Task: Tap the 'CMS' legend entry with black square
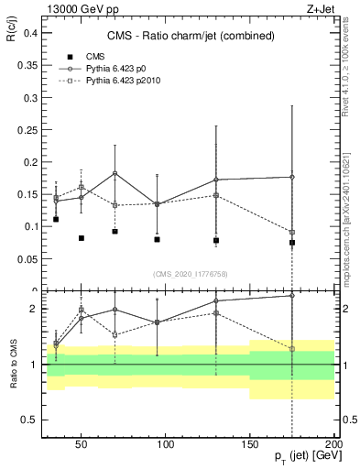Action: click(x=82, y=56)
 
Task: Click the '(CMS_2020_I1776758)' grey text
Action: click(x=191, y=273)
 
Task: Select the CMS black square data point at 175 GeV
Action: click(x=291, y=243)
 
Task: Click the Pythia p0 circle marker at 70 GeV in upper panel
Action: click(x=115, y=173)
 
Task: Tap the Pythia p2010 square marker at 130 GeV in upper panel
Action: click(x=216, y=195)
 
